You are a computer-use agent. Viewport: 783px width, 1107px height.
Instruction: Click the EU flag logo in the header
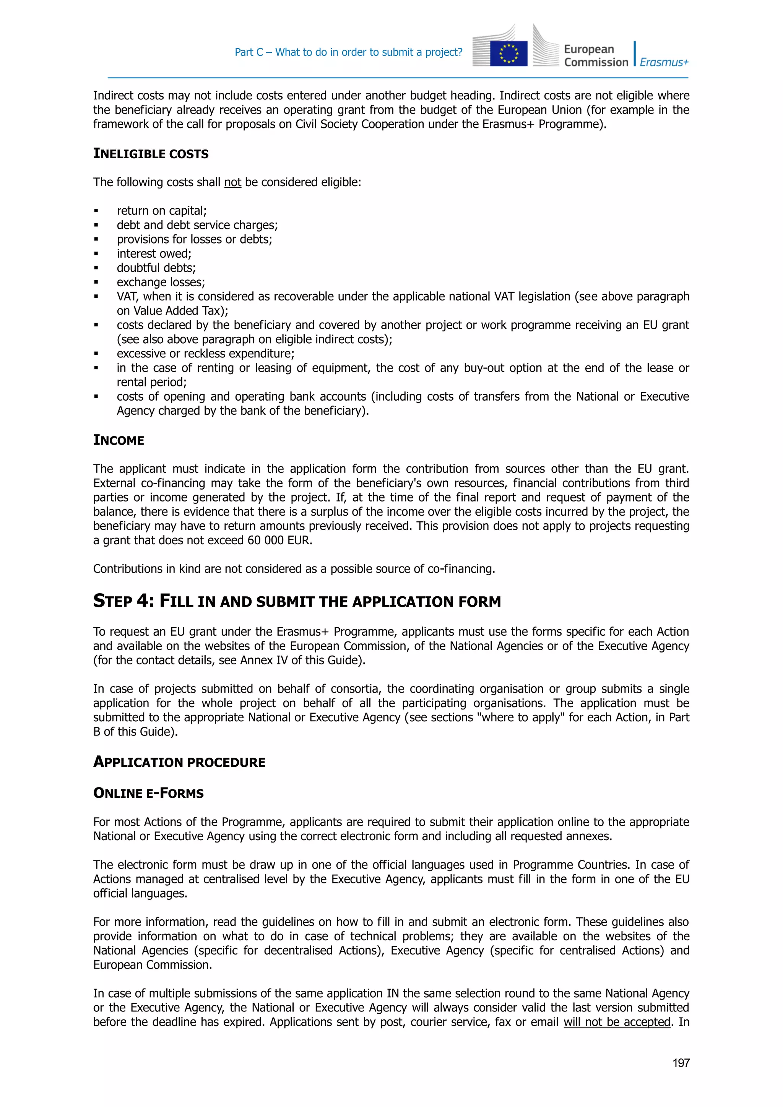508,53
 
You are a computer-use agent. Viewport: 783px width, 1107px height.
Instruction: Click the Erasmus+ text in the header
664,62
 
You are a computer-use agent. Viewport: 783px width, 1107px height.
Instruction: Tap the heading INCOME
119,440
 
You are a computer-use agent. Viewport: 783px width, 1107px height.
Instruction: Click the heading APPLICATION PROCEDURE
179,762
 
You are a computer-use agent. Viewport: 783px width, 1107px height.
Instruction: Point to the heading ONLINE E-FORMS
148,793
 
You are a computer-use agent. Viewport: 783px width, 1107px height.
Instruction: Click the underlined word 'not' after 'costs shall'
232,182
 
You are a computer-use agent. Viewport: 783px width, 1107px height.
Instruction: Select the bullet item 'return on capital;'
161,211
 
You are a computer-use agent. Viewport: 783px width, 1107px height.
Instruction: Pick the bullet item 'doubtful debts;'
156,268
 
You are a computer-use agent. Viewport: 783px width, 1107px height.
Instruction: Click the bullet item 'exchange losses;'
161,282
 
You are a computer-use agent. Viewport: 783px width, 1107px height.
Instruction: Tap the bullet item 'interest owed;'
154,253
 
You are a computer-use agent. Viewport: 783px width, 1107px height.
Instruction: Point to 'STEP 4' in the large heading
123,601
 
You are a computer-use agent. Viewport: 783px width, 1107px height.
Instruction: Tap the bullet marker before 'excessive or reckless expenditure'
96,354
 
